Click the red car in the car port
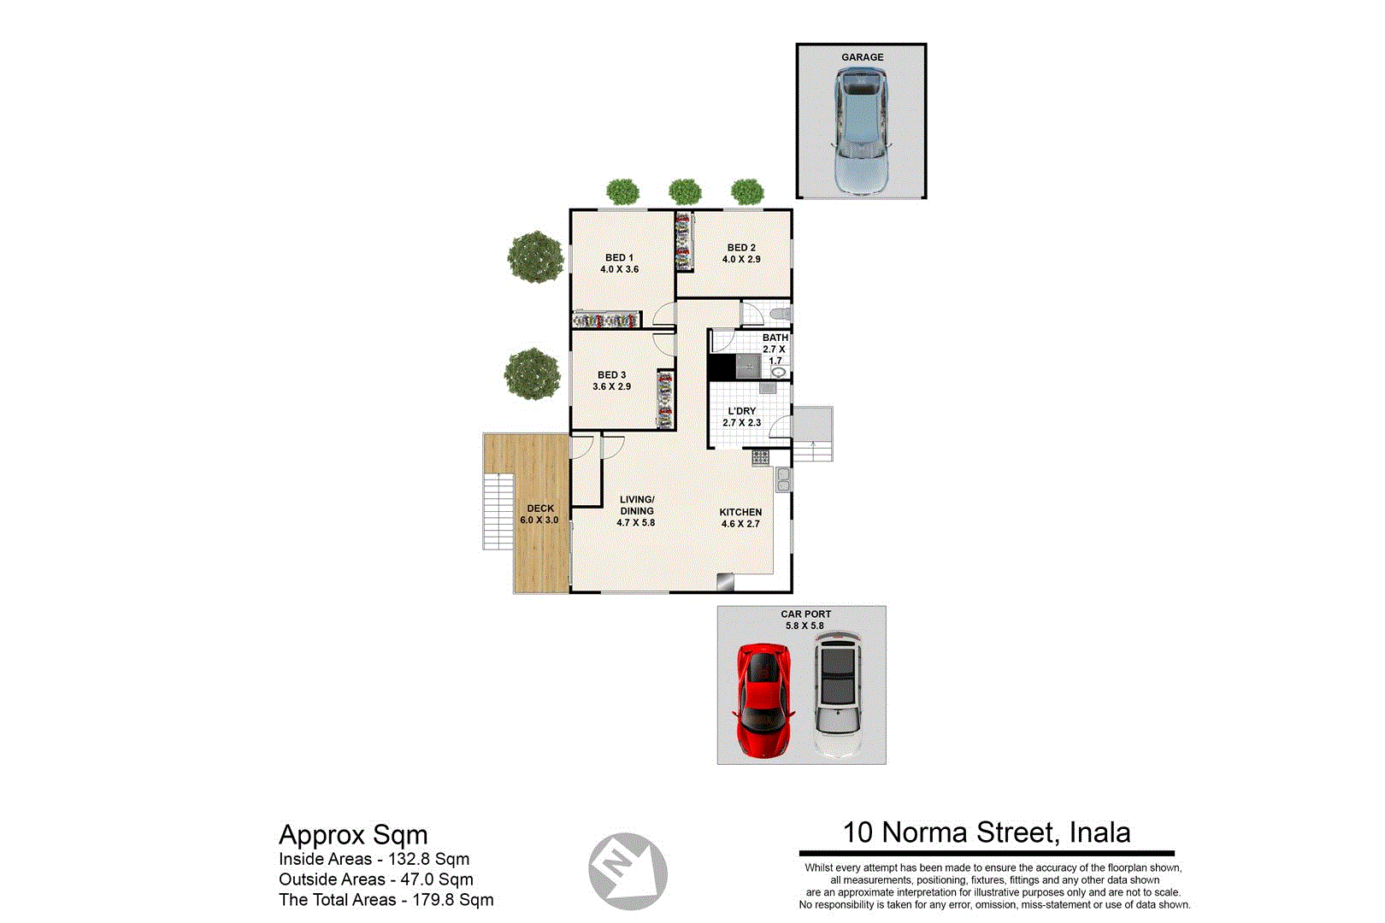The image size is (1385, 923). pyautogui.click(x=763, y=700)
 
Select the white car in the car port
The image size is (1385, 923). pyautogui.click(x=837, y=695)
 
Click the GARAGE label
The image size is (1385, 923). pyautogui.click(x=862, y=57)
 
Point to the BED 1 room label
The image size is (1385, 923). pyautogui.click(x=619, y=257)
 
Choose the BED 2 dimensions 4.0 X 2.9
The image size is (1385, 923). pyautogui.click(x=740, y=259)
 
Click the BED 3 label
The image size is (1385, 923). pyautogui.click(x=611, y=375)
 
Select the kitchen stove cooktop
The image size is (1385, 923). pyautogui.click(x=760, y=457)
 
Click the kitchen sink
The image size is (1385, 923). pyautogui.click(x=782, y=480)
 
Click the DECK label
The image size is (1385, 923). pyautogui.click(x=539, y=509)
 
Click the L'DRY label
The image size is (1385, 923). pyautogui.click(x=741, y=411)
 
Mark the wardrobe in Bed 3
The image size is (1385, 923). pyautogui.click(x=664, y=399)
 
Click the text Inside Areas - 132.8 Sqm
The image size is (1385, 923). pyautogui.click(x=374, y=859)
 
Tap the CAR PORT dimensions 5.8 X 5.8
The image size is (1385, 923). pyautogui.click(x=804, y=626)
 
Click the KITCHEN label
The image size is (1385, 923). pyautogui.click(x=740, y=512)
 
